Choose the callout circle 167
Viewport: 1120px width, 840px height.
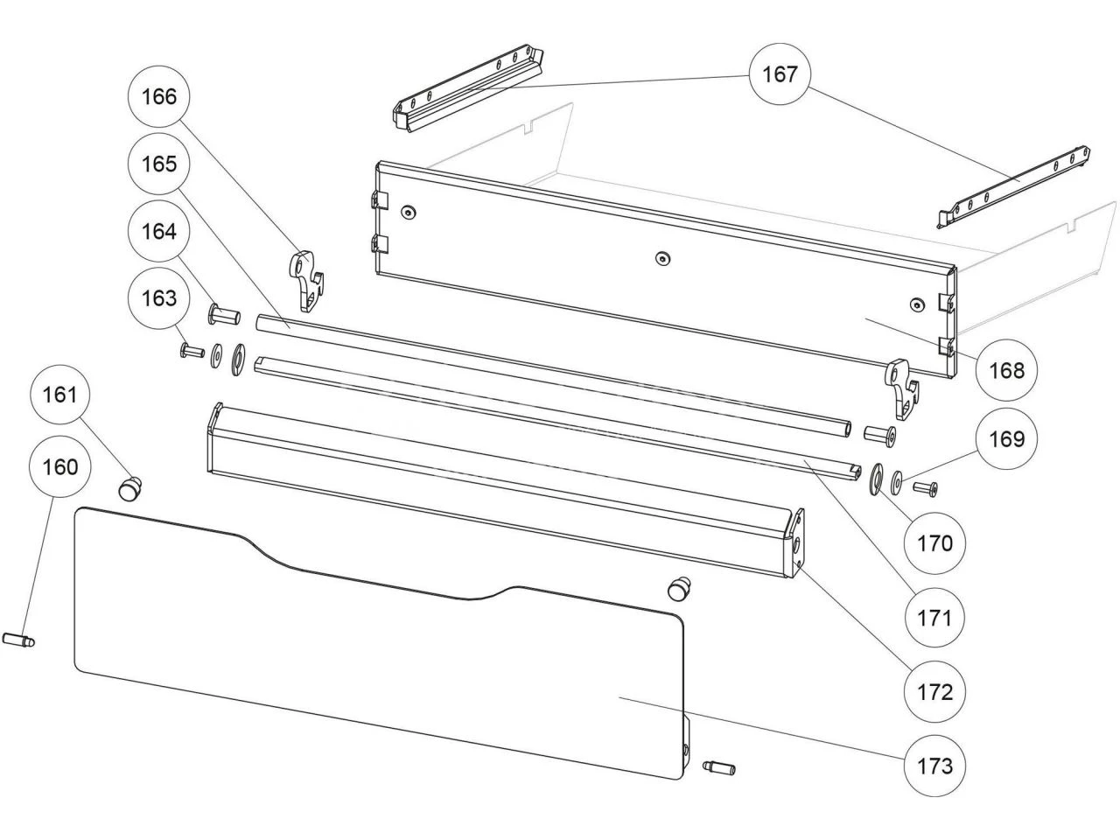[780, 73]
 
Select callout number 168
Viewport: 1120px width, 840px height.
[1007, 370]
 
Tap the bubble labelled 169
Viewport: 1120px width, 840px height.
[1007, 437]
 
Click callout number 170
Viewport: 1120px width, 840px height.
[934, 543]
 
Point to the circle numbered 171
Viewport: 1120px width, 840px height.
[934, 618]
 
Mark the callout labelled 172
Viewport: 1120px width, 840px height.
[934, 691]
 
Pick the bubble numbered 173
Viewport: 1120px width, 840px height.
[934, 766]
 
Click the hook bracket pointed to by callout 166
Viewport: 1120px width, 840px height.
[305, 279]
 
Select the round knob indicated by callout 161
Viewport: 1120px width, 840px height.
[131, 487]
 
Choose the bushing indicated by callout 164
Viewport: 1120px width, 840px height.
[224, 312]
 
